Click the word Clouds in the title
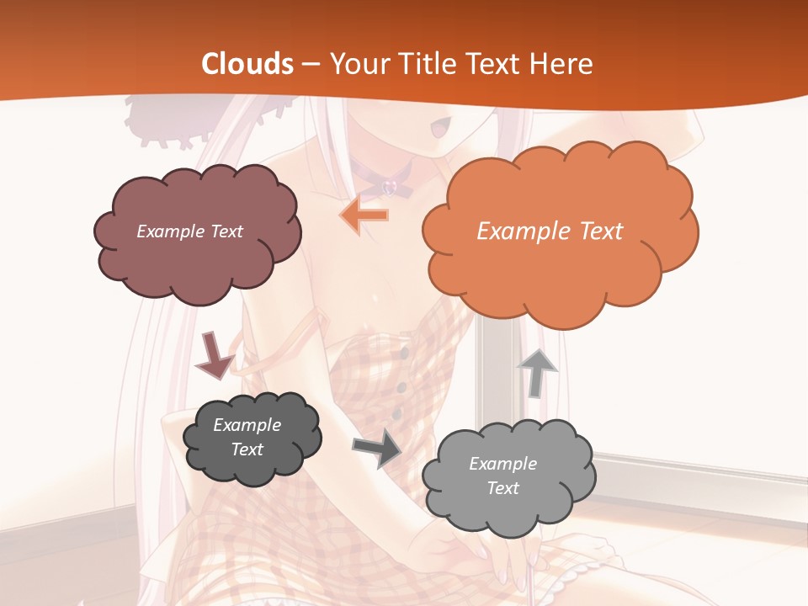tap(247, 64)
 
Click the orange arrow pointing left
tap(364, 215)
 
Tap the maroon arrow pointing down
tap(214, 355)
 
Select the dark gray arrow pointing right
tap(377, 448)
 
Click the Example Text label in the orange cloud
tap(550, 231)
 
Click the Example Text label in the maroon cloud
tap(189, 231)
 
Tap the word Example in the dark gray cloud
tap(247, 425)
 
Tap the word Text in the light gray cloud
tap(502, 488)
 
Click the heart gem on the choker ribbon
tap(391, 184)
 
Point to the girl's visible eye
tap(440, 128)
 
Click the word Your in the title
tap(358, 64)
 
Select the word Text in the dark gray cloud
tap(247, 449)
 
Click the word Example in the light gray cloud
tap(502, 464)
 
